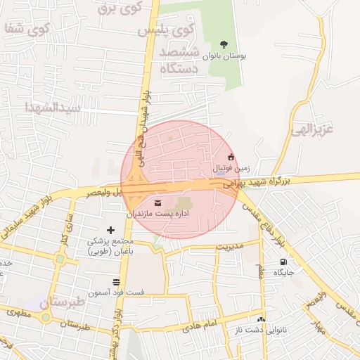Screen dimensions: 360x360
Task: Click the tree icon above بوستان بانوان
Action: [x=224, y=44]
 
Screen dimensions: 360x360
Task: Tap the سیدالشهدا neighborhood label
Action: [x=53, y=108]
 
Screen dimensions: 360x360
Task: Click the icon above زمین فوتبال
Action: [x=231, y=157]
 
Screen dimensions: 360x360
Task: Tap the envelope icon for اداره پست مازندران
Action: [x=156, y=202]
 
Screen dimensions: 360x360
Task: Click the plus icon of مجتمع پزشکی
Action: [x=110, y=230]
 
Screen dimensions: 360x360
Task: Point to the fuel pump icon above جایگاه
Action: [x=283, y=262]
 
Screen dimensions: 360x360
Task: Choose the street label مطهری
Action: [x=19, y=313]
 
